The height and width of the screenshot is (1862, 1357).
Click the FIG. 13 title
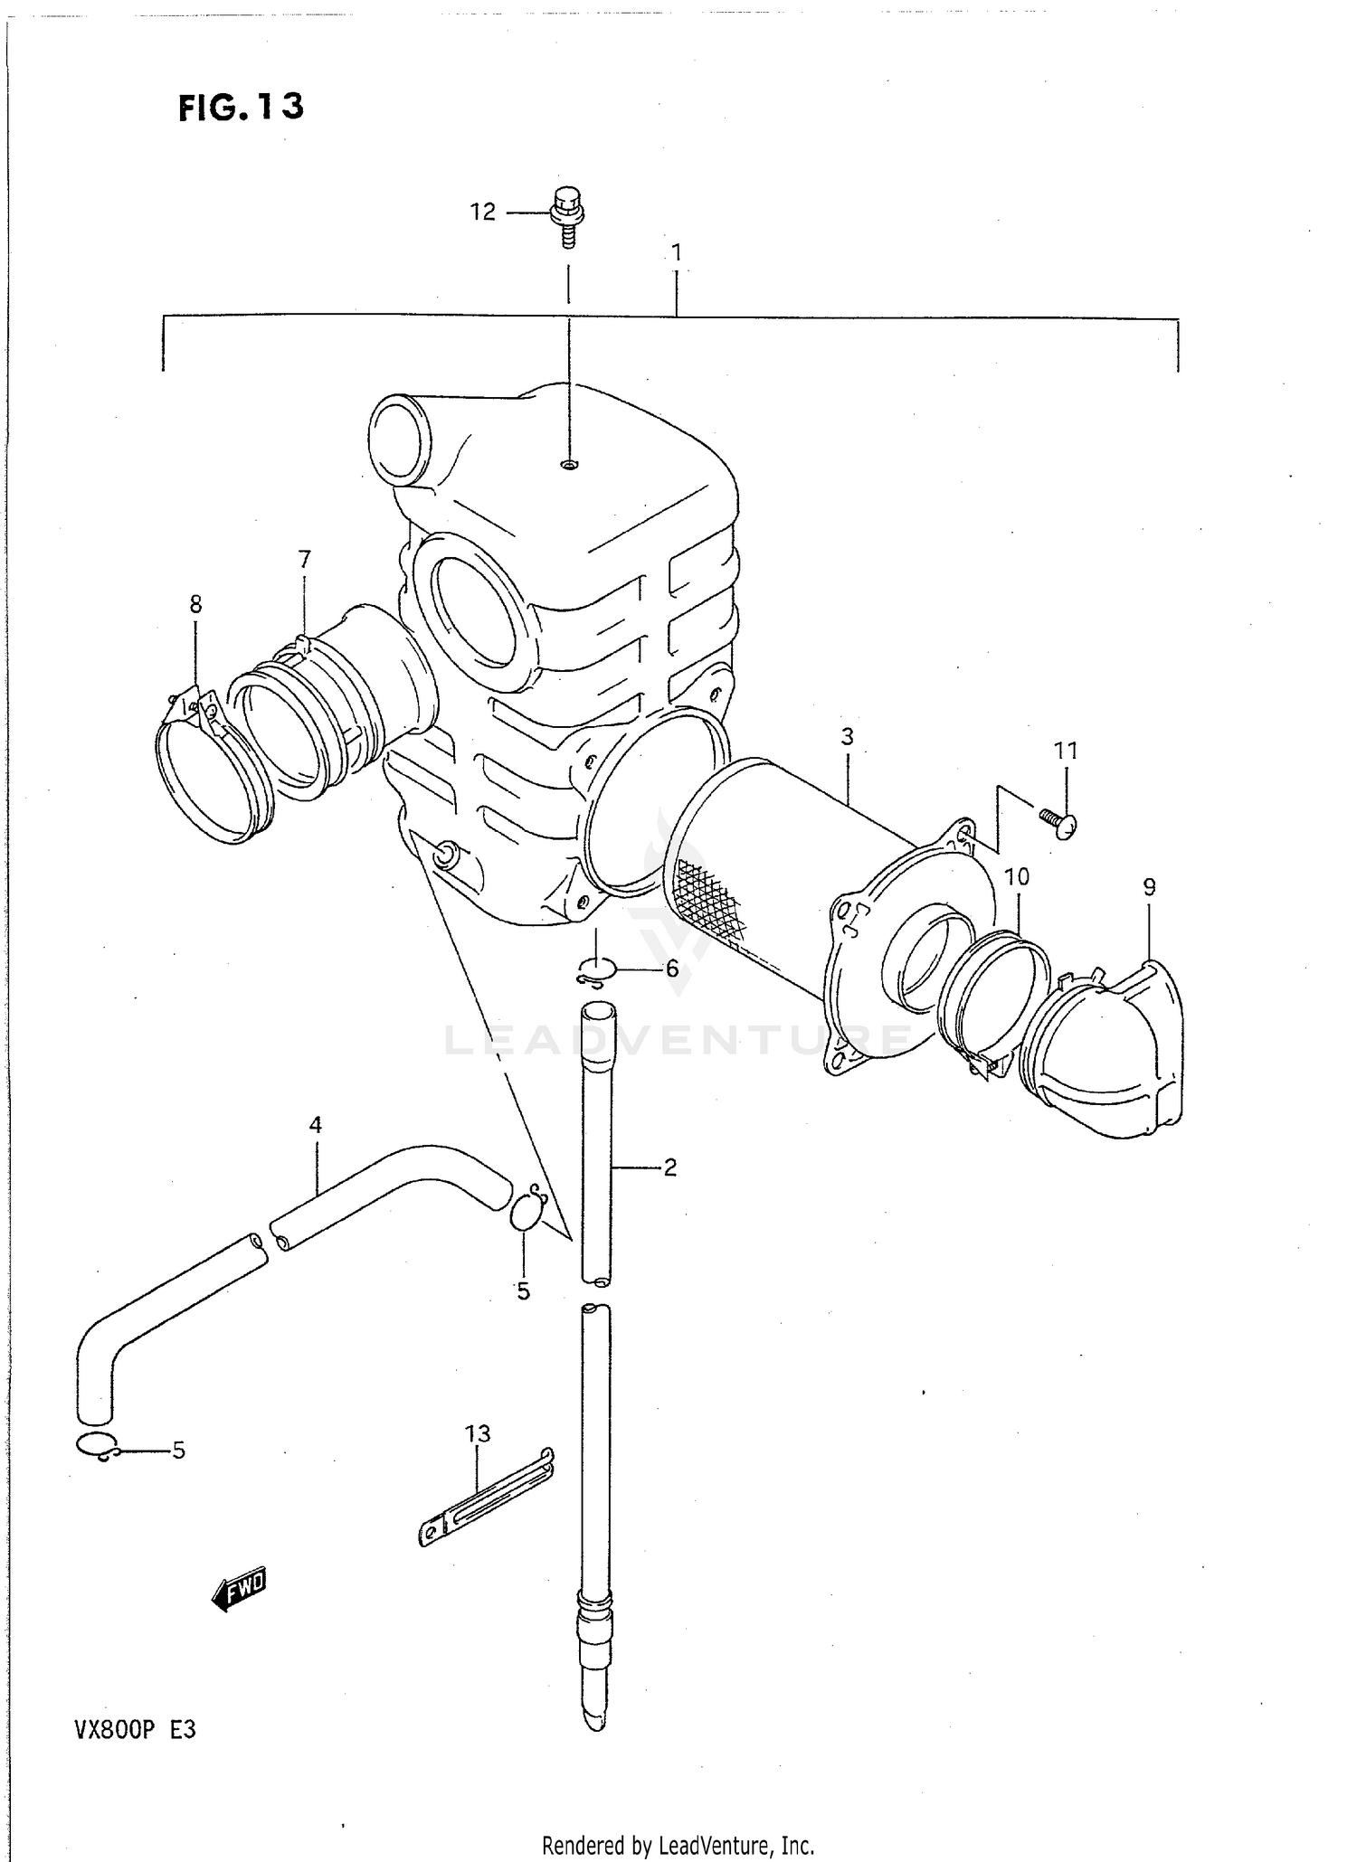tap(241, 108)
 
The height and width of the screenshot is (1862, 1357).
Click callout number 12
tap(482, 212)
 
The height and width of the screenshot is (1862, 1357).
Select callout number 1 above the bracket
tap(676, 253)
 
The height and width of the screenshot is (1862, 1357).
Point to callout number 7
tap(304, 560)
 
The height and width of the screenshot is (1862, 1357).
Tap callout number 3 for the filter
tap(847, 737)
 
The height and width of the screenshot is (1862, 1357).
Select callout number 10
tap(1017, 876)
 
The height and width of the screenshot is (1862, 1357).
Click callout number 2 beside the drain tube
tap(670, 1167)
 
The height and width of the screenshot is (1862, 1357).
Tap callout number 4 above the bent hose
tap(315, 1125)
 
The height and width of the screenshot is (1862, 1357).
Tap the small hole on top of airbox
tap(568, 465)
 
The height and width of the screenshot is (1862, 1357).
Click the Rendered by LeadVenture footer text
tap(678, 1845)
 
